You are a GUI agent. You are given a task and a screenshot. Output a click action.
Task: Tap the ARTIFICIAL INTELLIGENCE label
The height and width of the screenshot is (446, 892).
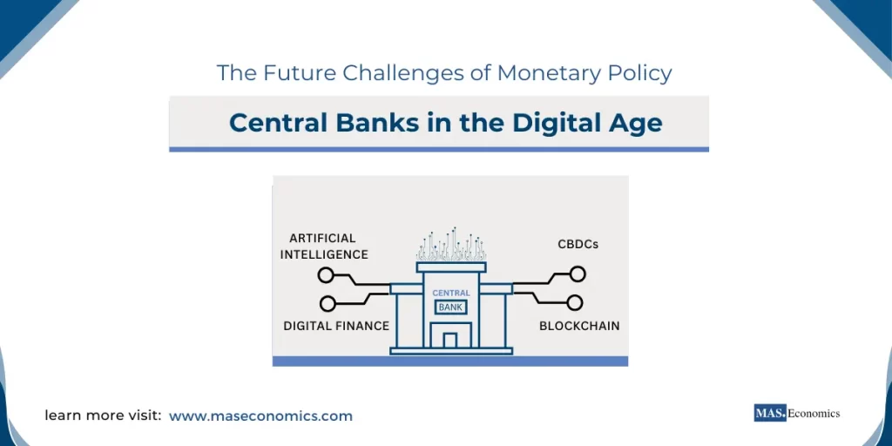tap(324, 246)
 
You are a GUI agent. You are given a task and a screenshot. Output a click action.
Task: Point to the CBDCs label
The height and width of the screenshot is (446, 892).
tap(578, 245)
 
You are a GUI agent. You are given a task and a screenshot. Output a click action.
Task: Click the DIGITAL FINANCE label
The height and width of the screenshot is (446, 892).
tap(336, 326)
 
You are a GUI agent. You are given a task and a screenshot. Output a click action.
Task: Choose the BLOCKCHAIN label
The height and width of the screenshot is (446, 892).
tap(579, 326)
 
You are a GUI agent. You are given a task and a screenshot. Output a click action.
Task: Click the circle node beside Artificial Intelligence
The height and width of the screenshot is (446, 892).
tap(326, 275)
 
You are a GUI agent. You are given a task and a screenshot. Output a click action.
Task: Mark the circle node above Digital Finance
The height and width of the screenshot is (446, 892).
tap(328, 303)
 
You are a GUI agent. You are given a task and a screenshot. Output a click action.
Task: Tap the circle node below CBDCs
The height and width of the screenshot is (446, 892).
tap(577, 274)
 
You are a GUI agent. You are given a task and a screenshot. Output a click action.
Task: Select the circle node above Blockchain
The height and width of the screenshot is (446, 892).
tap(574, 303)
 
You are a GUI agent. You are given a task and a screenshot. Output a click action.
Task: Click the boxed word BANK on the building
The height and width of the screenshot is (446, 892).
tap(450, 307)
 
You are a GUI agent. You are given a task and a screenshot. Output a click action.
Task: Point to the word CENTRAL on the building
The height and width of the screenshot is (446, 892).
tap(450, 293)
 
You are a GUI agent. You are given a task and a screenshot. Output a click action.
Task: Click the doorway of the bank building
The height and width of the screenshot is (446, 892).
tap(450, 340)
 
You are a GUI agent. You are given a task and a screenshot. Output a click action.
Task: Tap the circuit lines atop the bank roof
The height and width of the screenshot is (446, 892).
tap(450, 246)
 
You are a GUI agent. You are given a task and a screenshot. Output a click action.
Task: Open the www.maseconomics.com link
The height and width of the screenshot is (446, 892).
tap(260, 416)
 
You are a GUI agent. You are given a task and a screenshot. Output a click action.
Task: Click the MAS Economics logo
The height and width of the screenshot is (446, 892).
tap(796, 413)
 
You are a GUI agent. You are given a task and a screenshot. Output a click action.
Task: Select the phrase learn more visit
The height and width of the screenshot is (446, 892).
tap(103, 416)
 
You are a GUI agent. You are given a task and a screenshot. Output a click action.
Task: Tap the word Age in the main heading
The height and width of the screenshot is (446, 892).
tap(633, 123)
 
